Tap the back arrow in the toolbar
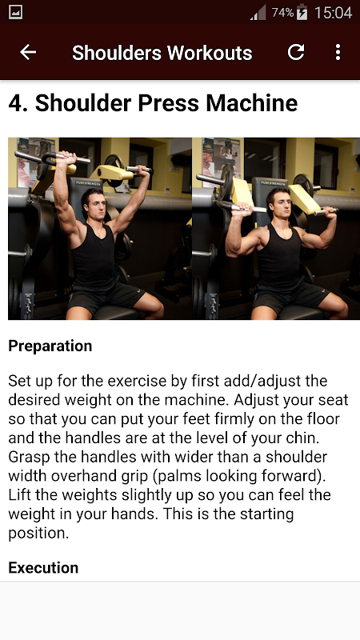point(28,52)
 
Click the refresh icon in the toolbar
point(296,52)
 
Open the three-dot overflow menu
point(338,52)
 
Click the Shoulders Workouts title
point(162,53)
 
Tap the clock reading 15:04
point(333,13)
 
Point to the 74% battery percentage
point(283,13)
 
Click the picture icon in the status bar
point(15,12)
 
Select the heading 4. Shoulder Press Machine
point(153,103)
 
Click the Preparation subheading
point(50,346)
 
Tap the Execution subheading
point(43,567)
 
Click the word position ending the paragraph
point(38,534)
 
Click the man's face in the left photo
point(94,204)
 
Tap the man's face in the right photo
point(278,203)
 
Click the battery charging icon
point(302,12)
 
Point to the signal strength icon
point(258,13)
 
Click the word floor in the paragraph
point(320,419)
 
